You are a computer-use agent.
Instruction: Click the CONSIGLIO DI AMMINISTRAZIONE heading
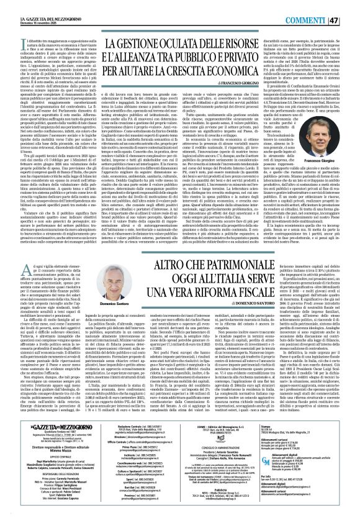[224, 448]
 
